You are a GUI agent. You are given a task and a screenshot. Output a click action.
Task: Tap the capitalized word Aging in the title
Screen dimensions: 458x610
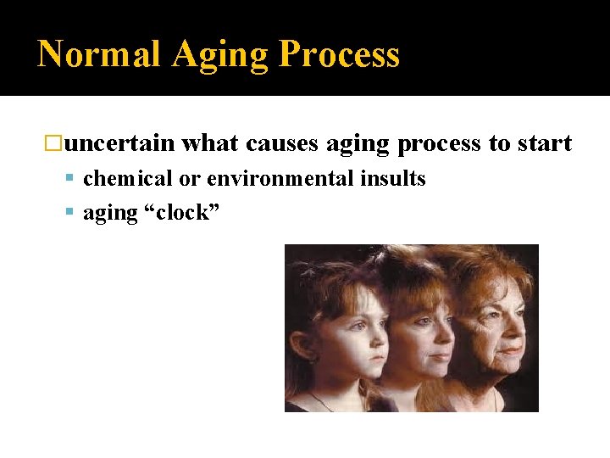coord(220,55)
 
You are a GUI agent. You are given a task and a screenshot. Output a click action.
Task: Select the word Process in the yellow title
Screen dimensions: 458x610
coord(339,55)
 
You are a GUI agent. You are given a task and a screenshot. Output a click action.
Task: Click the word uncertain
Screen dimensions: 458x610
coord(119,143)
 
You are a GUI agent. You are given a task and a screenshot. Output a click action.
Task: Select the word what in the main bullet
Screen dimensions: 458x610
coord(210,143)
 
